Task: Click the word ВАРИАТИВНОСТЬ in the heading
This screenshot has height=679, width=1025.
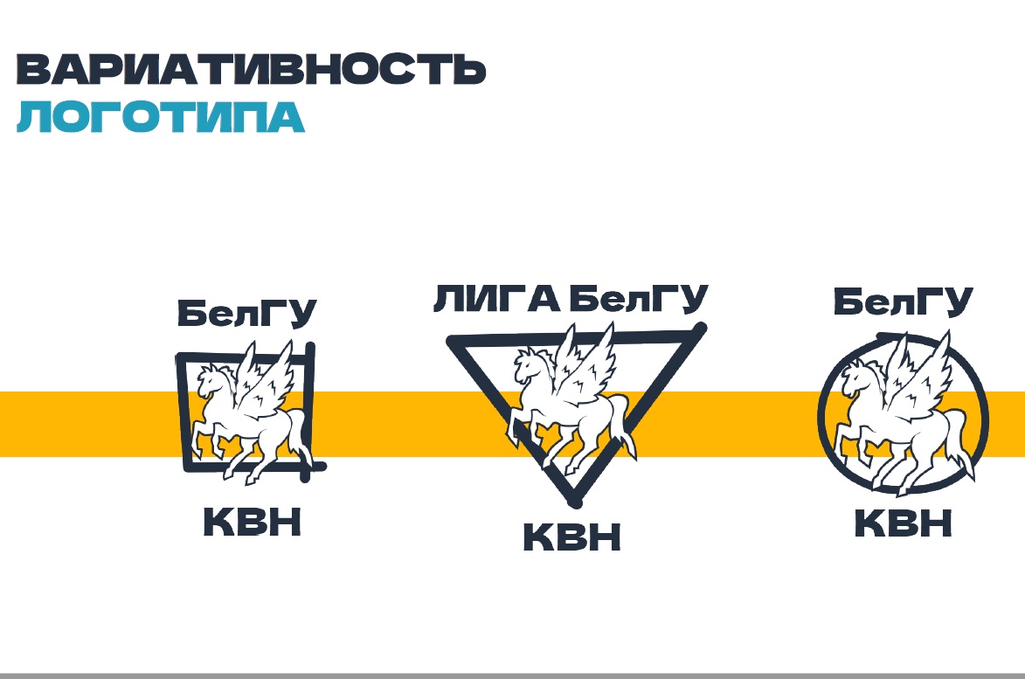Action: pyautogui.click(x=251, y=69)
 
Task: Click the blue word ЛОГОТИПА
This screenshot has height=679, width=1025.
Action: pyautogui.click(x=161, y=117)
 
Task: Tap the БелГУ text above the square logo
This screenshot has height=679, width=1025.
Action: pyautogui.click(x=247, y=313)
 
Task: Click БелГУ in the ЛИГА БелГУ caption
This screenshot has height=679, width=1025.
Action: pyautogui.click(x=637, y=300)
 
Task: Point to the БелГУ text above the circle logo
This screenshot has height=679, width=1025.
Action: pyautogui.click(x=903, y=301)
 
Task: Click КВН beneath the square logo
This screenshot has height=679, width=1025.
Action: pyautogui.click(x=253, y=523)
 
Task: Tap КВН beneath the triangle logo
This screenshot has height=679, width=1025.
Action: pyautogui.click(x=571, y=537)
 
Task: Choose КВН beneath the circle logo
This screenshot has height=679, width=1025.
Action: pyautogui.click(x=903, y=524)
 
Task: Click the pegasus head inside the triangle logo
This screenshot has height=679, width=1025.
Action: pyautogui.click(x=528, y=363)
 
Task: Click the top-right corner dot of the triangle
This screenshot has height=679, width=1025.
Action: pyautogui.click(x=699, y=329)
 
